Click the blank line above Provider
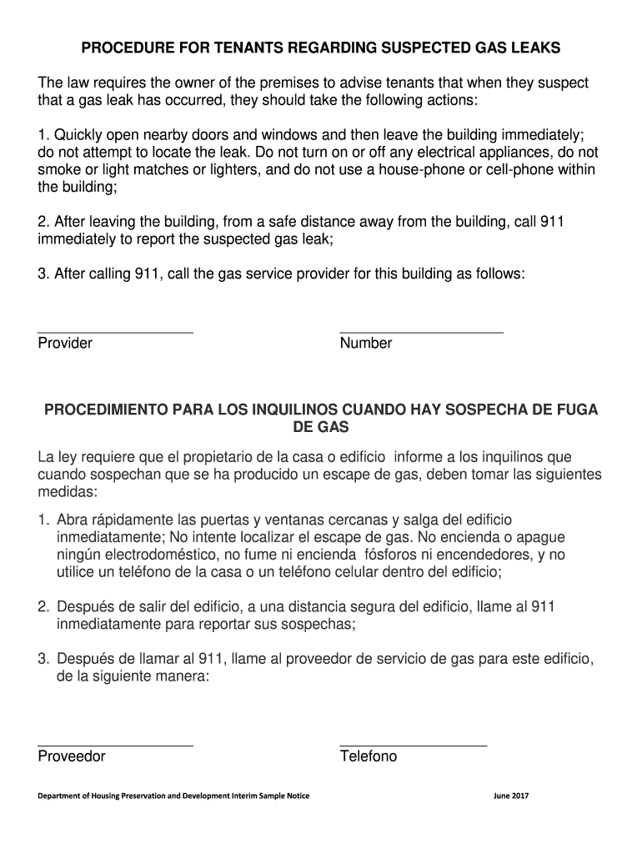point(115,332)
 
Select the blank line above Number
point(421,332)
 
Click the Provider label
point(65,344)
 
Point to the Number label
point(365,344)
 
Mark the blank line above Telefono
point(413,745)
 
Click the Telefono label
point(368,757)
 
